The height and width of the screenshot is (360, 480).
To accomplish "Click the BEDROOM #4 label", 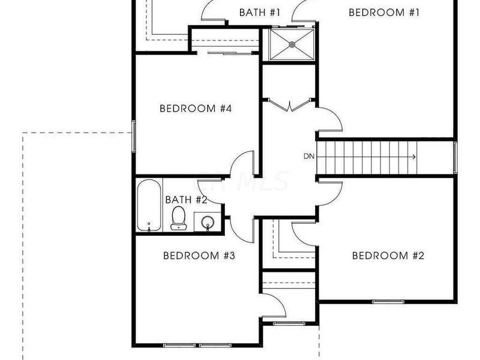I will coord(196,109).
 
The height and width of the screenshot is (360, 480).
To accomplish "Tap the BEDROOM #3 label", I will coord(199,256).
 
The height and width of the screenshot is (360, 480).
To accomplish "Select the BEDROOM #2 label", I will coord(388,256).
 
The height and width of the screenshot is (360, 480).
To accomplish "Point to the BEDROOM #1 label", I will coord(383,12).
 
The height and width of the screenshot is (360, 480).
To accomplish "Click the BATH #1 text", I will coord(260,12).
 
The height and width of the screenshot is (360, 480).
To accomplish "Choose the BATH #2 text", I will coord(186,199).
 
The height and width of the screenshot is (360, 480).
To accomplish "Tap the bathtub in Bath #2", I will coord(149,206).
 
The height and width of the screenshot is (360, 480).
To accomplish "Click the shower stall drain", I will coord(293,44).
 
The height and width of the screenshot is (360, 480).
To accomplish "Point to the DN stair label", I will coord(309,157).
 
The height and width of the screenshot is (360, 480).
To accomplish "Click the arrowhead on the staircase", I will coord(413,157).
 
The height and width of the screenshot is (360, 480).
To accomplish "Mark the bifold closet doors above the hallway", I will coord(290,107).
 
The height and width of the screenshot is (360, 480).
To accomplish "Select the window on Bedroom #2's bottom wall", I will coord(386,301).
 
